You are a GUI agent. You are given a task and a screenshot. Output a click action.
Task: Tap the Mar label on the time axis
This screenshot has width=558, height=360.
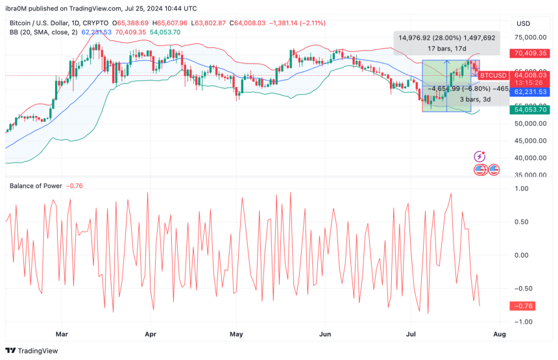pyautogui.click(x=62, y=335)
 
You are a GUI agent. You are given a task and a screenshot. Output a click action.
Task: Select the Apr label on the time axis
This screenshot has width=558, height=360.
pyautogui.click(x=151, y=335)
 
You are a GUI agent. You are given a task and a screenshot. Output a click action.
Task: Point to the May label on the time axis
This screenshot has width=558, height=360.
pyautogui.click(x=236, y=335)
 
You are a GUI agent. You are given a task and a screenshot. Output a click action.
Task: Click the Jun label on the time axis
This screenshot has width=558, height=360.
pyautogui.click(x=325, y=335)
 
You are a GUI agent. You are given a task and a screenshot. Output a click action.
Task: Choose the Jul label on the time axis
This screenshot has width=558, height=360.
pyautogui.click(x=411, y=335)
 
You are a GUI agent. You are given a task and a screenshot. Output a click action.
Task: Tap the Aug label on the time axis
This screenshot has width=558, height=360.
pyautogui.click(x=500, y=335)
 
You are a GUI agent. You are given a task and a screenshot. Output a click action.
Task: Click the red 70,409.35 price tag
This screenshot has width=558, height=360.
pyautogui.click(x=531, y=54)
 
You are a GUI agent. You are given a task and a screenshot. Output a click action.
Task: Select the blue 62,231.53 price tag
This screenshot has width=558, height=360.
pyautogui.click(x=531, y=92)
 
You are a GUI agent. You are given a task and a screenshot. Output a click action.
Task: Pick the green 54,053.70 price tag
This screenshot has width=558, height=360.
pyautogui.click(x=531, y=110)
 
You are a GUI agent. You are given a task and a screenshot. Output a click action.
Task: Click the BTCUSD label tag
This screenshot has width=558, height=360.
pyautogui.click(x=492, y=75)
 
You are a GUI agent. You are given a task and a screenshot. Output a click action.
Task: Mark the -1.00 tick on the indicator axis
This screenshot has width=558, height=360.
pyautogui.click(x=521, y=322)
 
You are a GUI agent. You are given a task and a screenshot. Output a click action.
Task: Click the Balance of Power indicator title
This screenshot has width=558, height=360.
pyautogui.click(x=36, y=186)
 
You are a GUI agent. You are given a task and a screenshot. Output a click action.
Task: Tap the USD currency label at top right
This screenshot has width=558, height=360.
pyautogui.click(x=524, y=23)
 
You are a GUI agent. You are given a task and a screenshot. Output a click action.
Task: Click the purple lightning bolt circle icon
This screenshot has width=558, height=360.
pyautogui.click(x=479, y=156)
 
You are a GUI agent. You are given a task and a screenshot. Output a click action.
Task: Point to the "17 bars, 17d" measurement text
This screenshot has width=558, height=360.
pyautogui.click(x=446, y=49)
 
